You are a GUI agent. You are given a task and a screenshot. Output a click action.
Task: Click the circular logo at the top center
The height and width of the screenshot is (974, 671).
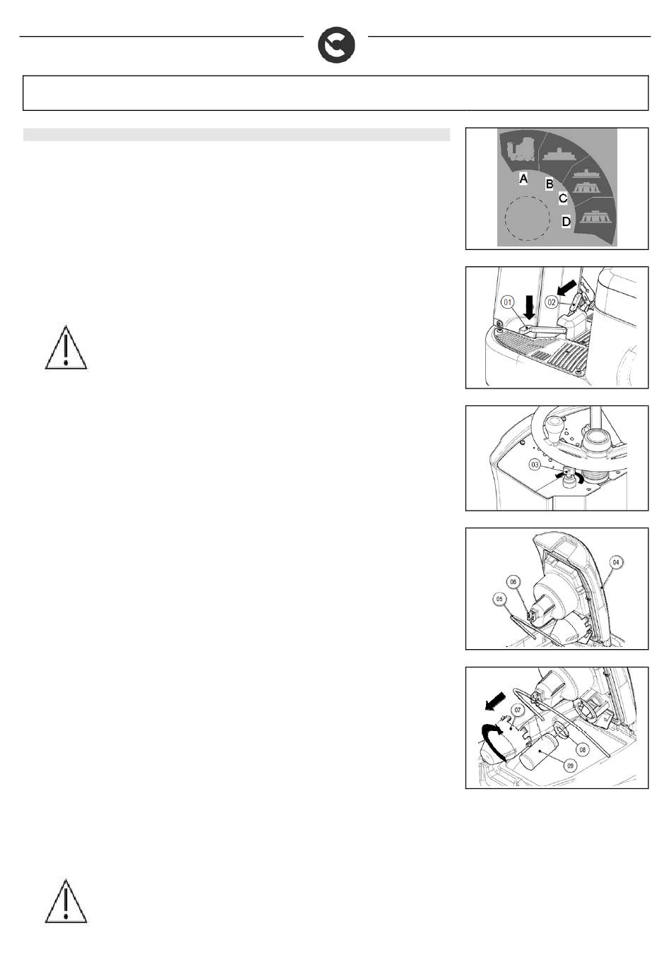(x=336, y=46)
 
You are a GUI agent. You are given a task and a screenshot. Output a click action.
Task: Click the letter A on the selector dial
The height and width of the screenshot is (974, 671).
(x=523, y=179)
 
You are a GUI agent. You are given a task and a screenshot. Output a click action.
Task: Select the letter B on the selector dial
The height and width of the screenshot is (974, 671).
(x=550, y=184)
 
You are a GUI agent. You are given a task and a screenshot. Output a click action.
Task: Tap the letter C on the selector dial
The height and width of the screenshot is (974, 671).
(x=563, y=198)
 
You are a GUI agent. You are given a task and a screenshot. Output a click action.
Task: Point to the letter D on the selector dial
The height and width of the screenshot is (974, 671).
(x=566, y=221)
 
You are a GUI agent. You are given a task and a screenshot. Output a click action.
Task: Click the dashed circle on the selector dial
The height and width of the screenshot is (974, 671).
(x=527, y=218)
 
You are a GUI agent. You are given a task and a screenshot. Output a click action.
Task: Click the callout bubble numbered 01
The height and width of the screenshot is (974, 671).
(x=508, y=302)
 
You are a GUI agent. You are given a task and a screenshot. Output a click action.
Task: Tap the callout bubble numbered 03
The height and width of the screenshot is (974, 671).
(x=535, y=465)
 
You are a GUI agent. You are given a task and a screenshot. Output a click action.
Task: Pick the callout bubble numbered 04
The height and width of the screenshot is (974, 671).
(x=616, y=562)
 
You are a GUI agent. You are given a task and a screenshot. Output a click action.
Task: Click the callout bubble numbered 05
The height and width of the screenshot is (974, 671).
(x=499, y=599)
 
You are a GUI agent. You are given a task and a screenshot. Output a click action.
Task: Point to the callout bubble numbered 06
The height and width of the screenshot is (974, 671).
(x=513, y=582)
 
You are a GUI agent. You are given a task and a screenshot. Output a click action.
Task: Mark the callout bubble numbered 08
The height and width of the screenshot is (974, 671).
(x=582, y=749)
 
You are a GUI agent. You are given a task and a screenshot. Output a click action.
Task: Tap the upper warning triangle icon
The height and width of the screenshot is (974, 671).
(x=66, y=348)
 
